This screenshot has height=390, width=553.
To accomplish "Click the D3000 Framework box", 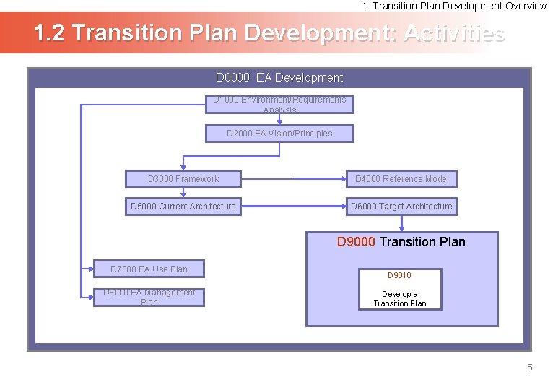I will [x=183, y=179].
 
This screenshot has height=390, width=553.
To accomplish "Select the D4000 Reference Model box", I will [x=401, y=179].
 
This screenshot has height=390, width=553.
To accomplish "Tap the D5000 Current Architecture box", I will [x=183, y=207].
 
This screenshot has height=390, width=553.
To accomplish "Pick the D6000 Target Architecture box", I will [x=401, y=207].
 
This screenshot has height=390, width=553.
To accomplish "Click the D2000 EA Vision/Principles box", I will [x=279, y=134].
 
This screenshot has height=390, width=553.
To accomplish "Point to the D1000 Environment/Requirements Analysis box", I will [x=279, y=105].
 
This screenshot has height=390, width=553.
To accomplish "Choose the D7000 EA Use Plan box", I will [x=149, y=269].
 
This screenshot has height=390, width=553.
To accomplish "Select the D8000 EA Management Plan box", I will [x=149, y=298].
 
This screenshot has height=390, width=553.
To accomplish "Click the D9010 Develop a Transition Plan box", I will [x=400, y=290].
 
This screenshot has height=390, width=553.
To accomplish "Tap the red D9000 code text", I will [x=356, y=242].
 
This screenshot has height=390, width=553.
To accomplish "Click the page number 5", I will [x=529, y=368].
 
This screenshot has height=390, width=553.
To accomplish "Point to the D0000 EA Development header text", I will [x=279, y=78].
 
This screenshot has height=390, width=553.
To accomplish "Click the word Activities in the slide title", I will [x=454, y=33].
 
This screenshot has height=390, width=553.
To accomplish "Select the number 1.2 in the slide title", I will [x=50, y=33].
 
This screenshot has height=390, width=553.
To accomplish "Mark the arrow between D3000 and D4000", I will [x=318, y=178].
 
